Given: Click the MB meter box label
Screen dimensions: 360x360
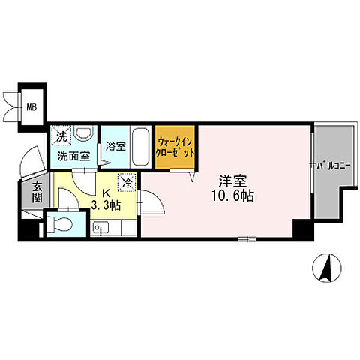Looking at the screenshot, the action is [31, 107].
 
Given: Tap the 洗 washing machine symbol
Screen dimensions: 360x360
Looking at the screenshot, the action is [61, 136].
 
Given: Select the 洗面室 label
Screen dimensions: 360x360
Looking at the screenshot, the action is [73, 157].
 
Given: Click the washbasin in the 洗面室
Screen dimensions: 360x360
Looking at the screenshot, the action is [83, 132].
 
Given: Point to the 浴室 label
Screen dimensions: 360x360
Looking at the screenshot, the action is [115, 146].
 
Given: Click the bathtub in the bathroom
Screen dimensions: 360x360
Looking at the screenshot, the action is [140, 147].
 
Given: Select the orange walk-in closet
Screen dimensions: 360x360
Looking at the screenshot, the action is [175, 147].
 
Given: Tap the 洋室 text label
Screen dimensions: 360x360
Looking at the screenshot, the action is [232, 181].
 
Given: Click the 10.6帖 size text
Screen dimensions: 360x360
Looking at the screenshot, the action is [233, 196].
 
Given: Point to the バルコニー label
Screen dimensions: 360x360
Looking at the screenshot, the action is [330, 166].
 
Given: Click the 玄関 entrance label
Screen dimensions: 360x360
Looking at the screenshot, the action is [37, 193].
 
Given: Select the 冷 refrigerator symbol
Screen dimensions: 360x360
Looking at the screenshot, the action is [127, 183].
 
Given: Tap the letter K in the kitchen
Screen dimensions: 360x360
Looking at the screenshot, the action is [106, 193].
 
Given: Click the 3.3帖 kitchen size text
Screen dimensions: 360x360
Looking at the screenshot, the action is [106, 205].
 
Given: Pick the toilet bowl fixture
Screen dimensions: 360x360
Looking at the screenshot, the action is [60, 223].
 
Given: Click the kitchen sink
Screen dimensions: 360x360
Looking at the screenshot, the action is [100, 228].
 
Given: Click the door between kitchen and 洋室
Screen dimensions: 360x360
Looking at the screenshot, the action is [151, 202].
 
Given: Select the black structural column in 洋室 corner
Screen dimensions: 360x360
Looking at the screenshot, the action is [303, 229].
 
